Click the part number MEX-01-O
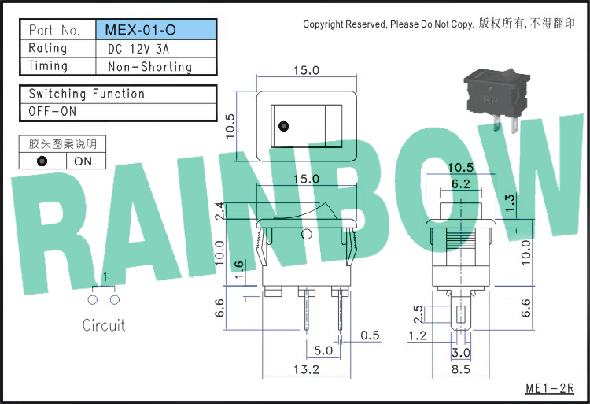coord(140,30)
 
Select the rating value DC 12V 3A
coord(138,49)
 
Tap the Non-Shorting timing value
coord(149,67)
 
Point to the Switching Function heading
coord(87,94)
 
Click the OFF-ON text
coord(52,112)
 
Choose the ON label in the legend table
coord(83,161)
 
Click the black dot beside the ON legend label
coord(42,161)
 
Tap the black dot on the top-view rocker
coord(284,126)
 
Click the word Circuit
coord(104,325)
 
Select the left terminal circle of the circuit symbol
coord(93,300)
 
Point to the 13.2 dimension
coord(306,369)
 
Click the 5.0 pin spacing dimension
coord(323,351)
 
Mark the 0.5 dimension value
coord(370,335)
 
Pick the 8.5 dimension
coord(460,369)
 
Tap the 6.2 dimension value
coord(460,183)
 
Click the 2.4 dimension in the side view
coord(219,210)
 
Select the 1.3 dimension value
coord(509,203)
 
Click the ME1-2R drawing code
coord(550,388)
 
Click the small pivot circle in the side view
coord(307,234)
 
